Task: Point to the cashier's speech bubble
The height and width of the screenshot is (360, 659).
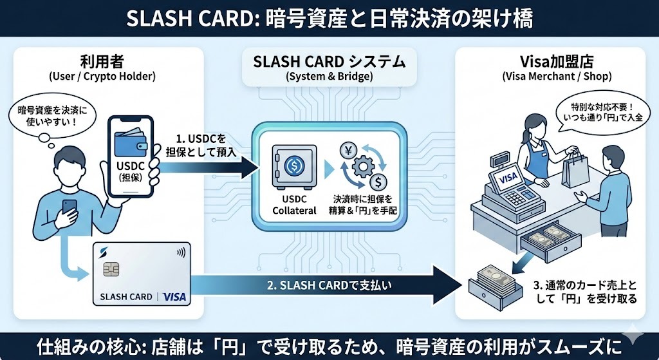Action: pos(599,111)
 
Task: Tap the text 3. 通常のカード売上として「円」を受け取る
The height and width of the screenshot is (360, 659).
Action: pos(586,292)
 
